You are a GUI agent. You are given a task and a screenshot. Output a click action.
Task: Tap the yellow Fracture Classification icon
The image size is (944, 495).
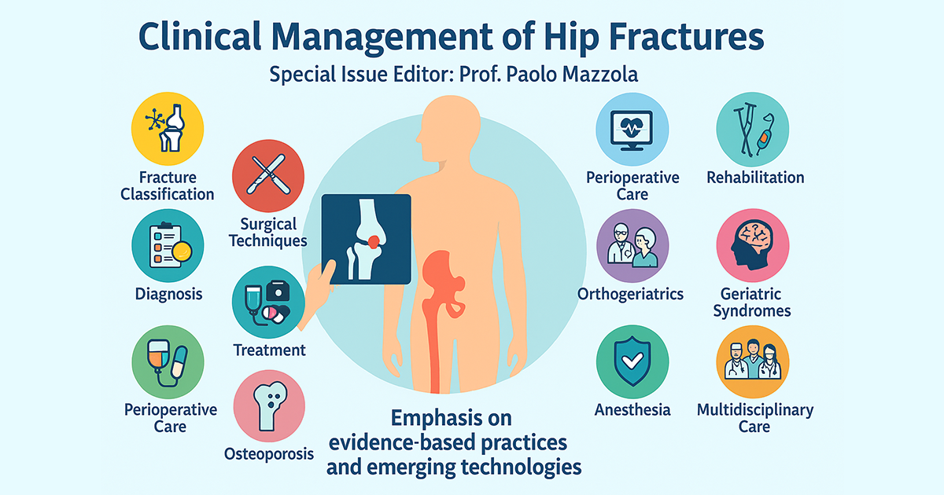click(x=168, y=128)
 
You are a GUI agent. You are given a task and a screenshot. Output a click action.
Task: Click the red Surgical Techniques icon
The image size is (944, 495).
click(x=268, y=175)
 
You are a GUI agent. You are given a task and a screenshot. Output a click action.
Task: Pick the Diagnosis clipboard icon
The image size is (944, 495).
click(x=168, y=245)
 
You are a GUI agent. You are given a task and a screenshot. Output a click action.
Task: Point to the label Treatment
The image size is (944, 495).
click(x=269, y=350)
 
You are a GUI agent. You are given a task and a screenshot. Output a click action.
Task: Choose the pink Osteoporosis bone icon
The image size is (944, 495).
click(x=269, y=405)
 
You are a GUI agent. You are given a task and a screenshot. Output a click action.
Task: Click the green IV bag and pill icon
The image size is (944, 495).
click(x=168, y=362)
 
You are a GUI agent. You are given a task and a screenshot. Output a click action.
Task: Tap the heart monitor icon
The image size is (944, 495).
click(x=632, y=129)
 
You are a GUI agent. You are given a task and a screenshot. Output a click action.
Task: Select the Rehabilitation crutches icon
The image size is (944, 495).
click(x=753, y=129)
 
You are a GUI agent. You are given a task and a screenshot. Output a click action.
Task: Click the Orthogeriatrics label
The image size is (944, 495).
click(x=630, y=294)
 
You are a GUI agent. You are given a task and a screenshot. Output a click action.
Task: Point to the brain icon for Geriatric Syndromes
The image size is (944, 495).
click(x=753, y=245)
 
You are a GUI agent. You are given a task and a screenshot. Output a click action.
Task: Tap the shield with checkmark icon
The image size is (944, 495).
click(x=632, y=361)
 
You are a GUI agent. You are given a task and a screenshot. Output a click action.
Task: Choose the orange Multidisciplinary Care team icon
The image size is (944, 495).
click(x=753, y=361)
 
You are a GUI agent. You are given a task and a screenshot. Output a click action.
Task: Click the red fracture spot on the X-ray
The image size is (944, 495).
click(x=374, y=242)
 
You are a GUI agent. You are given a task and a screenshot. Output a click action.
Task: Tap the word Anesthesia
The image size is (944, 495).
click(x=632, y=410)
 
